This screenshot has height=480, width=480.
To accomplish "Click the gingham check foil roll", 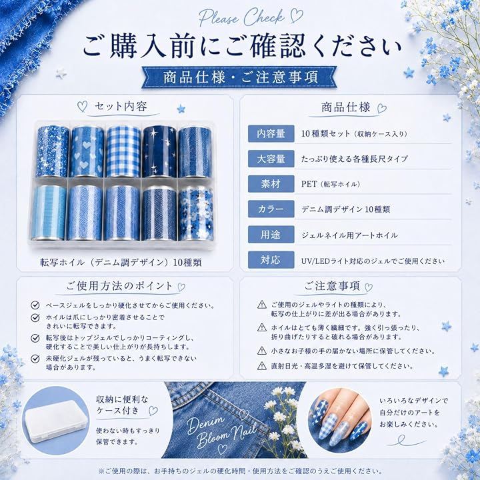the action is coord(123,151).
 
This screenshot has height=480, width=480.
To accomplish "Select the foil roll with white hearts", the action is coord(87,151).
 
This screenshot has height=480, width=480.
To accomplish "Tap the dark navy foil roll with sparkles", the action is coord(159,151).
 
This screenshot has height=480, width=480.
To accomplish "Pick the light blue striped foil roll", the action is coord(49,213).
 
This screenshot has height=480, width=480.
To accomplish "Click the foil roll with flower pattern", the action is coord(195,213).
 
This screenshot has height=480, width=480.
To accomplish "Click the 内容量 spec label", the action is coord(271,133).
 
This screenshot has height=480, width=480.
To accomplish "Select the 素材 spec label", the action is coord(271,184).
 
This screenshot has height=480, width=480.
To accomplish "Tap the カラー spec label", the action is coord(271,209).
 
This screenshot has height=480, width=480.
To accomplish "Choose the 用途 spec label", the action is coord(271,235).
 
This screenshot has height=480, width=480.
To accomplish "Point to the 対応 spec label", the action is coord(271,260).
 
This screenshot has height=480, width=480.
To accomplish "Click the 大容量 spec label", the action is coord(271,159).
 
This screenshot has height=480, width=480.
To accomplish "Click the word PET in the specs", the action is coord(309,184).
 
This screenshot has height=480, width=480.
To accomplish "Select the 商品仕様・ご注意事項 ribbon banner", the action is coord(240,77).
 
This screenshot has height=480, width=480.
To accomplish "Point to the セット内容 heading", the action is coord(121,106).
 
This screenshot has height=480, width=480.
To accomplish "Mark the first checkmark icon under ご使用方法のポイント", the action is coord(35,305).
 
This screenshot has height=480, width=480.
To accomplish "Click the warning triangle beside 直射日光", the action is coord(262,365).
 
